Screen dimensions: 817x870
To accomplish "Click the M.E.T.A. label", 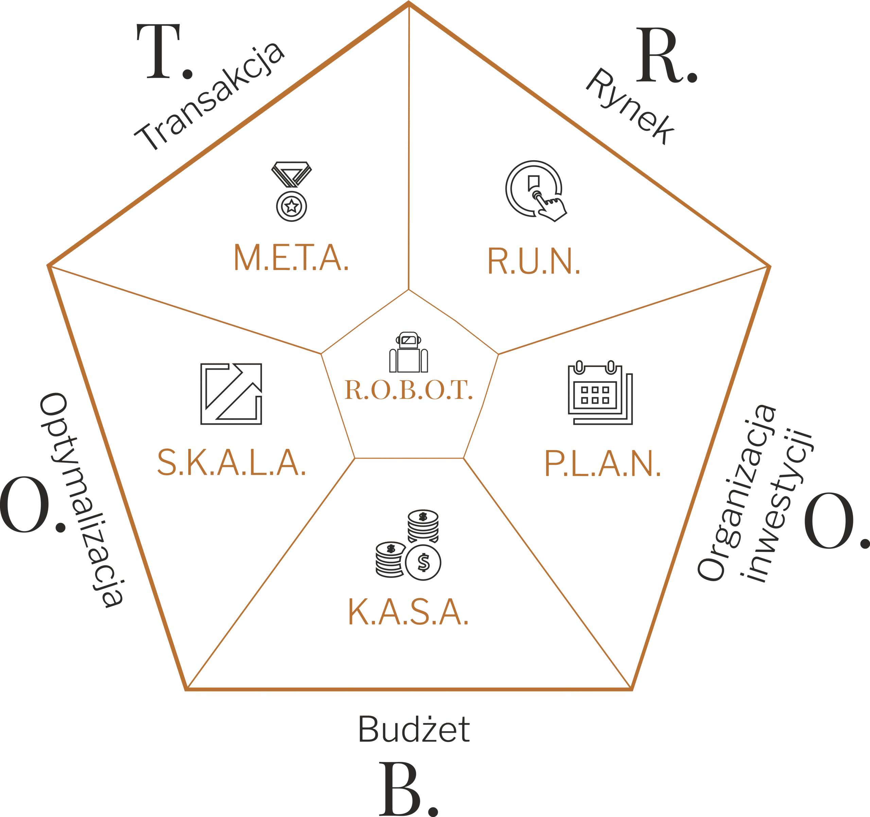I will pos(291,257).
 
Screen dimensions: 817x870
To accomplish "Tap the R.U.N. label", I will pos(534,261).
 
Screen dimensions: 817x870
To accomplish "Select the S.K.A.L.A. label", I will pos(231,462).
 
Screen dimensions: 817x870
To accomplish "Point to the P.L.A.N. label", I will pos(602,463).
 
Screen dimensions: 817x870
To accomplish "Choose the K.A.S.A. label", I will pos(408,612).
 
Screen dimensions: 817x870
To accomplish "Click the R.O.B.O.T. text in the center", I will pos(408,390).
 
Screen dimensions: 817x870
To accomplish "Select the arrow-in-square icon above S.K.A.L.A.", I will pos(231,394).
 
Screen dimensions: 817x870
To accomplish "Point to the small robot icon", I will pos(408,353).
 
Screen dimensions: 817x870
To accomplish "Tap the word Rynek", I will pos(630,106).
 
